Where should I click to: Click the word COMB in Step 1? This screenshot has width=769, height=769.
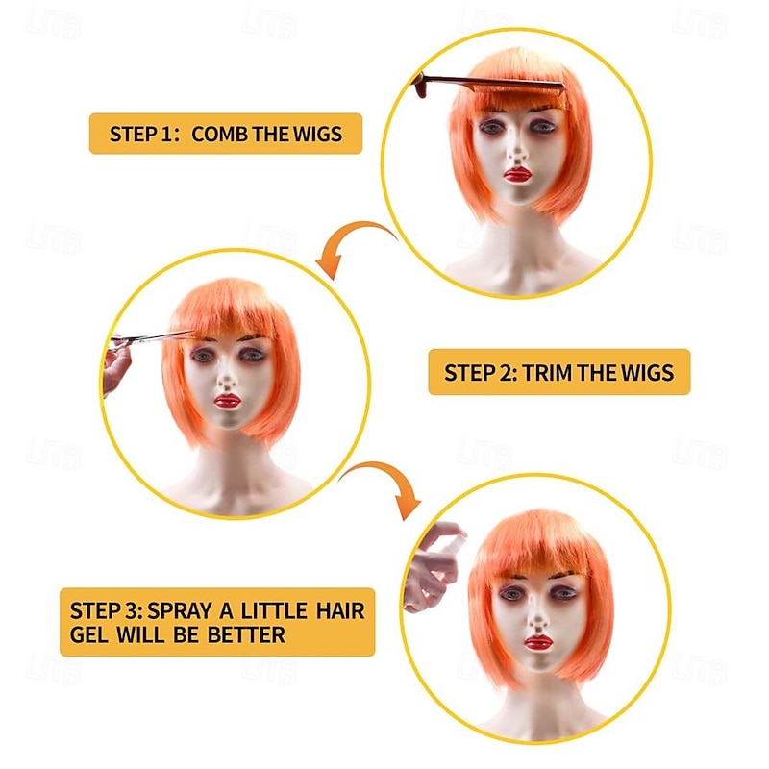coord(219,134)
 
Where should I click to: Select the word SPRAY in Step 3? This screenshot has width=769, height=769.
coord(180,610)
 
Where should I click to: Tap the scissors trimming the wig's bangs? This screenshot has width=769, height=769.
coord(151,337)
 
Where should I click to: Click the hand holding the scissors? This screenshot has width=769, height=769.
coord(115,367)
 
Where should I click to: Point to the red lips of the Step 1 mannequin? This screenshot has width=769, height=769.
coord(517,175)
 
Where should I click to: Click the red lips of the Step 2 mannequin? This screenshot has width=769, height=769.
coord(228,402)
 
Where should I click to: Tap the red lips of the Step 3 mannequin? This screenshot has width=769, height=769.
coord(538,642)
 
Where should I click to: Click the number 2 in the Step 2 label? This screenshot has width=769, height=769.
coord(506,373)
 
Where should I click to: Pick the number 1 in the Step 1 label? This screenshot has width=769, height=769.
coord(166,134)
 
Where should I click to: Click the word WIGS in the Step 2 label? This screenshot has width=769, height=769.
coord(647,373)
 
